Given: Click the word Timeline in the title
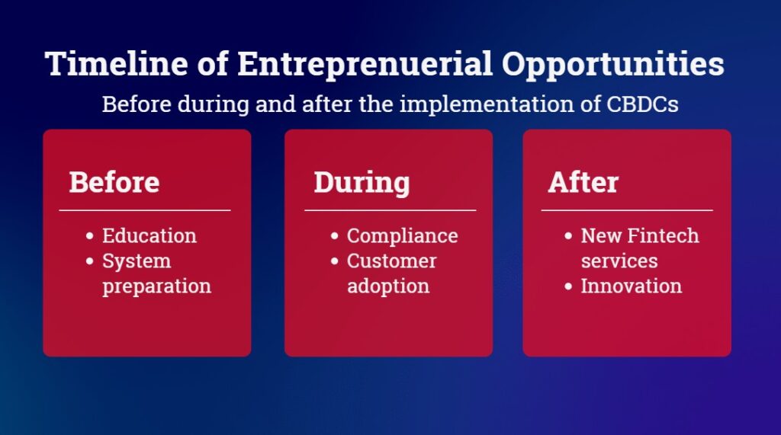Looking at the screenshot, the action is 117,64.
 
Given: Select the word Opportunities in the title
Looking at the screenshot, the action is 612,66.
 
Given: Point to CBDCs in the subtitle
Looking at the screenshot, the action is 642,104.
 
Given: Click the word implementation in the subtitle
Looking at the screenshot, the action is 487,104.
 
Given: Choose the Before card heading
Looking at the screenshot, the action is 114,181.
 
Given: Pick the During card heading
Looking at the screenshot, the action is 362,183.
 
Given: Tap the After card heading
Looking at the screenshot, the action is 583,181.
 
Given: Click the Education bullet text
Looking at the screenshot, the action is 149,235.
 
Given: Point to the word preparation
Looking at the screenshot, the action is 157,286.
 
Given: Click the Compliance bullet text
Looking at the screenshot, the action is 403,236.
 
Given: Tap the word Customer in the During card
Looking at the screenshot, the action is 391,261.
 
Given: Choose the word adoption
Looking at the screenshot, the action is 388,286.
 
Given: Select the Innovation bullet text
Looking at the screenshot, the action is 631,286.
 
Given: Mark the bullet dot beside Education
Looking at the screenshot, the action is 90,236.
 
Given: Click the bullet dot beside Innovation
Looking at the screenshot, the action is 568,286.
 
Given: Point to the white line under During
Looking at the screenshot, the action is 390,210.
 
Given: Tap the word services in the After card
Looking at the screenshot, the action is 619,261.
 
